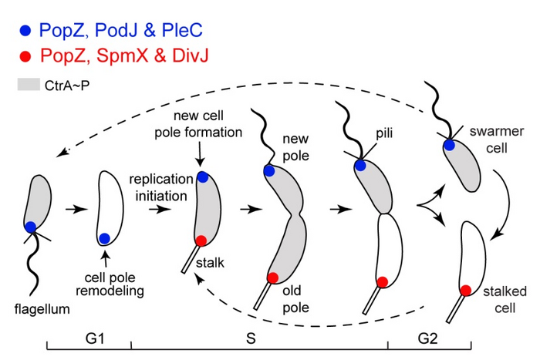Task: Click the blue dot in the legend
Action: click(x=26, y=32)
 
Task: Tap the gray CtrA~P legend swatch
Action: click(x=31, y=80)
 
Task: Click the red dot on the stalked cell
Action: click(x=465, y=290)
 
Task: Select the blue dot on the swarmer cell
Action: click(x=449, y=144)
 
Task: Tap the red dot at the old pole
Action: click(x=272, y=278)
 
